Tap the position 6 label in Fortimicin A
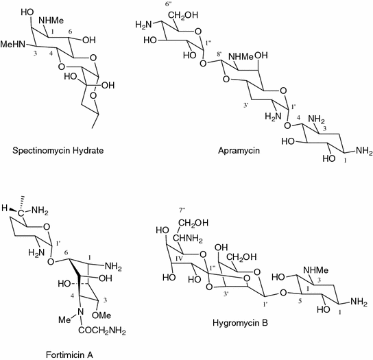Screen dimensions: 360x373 (67, 254)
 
